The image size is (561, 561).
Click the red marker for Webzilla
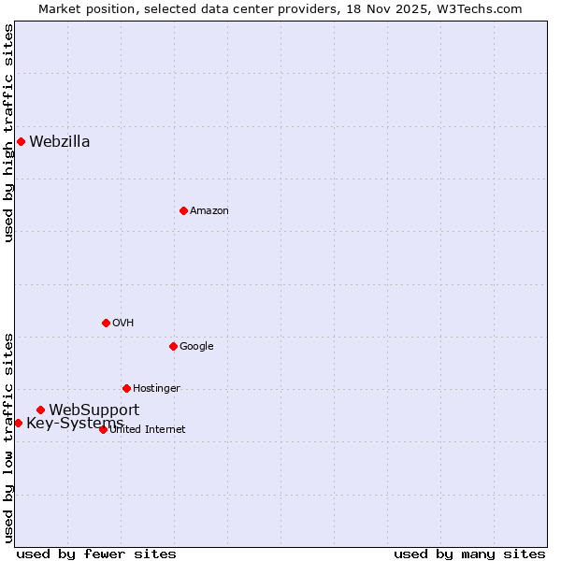point(21,142)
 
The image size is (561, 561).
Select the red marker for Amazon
point(183,210)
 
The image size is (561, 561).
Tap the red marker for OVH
point(106,323)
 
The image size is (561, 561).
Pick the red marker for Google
point(173,346)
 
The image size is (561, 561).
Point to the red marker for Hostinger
point(126,388)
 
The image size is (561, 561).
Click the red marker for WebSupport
point(40,410)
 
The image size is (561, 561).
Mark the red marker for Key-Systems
point(18,423)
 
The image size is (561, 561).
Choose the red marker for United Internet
point(103,429)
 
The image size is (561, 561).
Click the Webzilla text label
point(60,142)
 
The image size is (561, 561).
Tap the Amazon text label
point(209,211)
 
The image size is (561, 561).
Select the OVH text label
point(123,324)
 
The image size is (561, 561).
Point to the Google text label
point(196,347)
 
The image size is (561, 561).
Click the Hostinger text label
point(156,389)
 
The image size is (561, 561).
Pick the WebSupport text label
point(94,410)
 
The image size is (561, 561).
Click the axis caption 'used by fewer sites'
point(96,554)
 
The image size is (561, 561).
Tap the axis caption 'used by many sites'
point(468,554)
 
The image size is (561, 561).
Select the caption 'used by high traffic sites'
point(9,133)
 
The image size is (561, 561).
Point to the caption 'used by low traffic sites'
point(9,438)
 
